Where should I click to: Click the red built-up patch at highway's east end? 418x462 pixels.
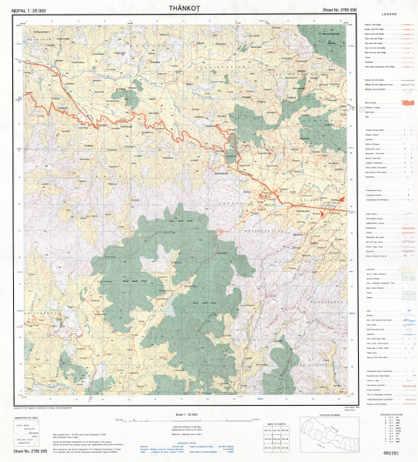pos(340,203)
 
